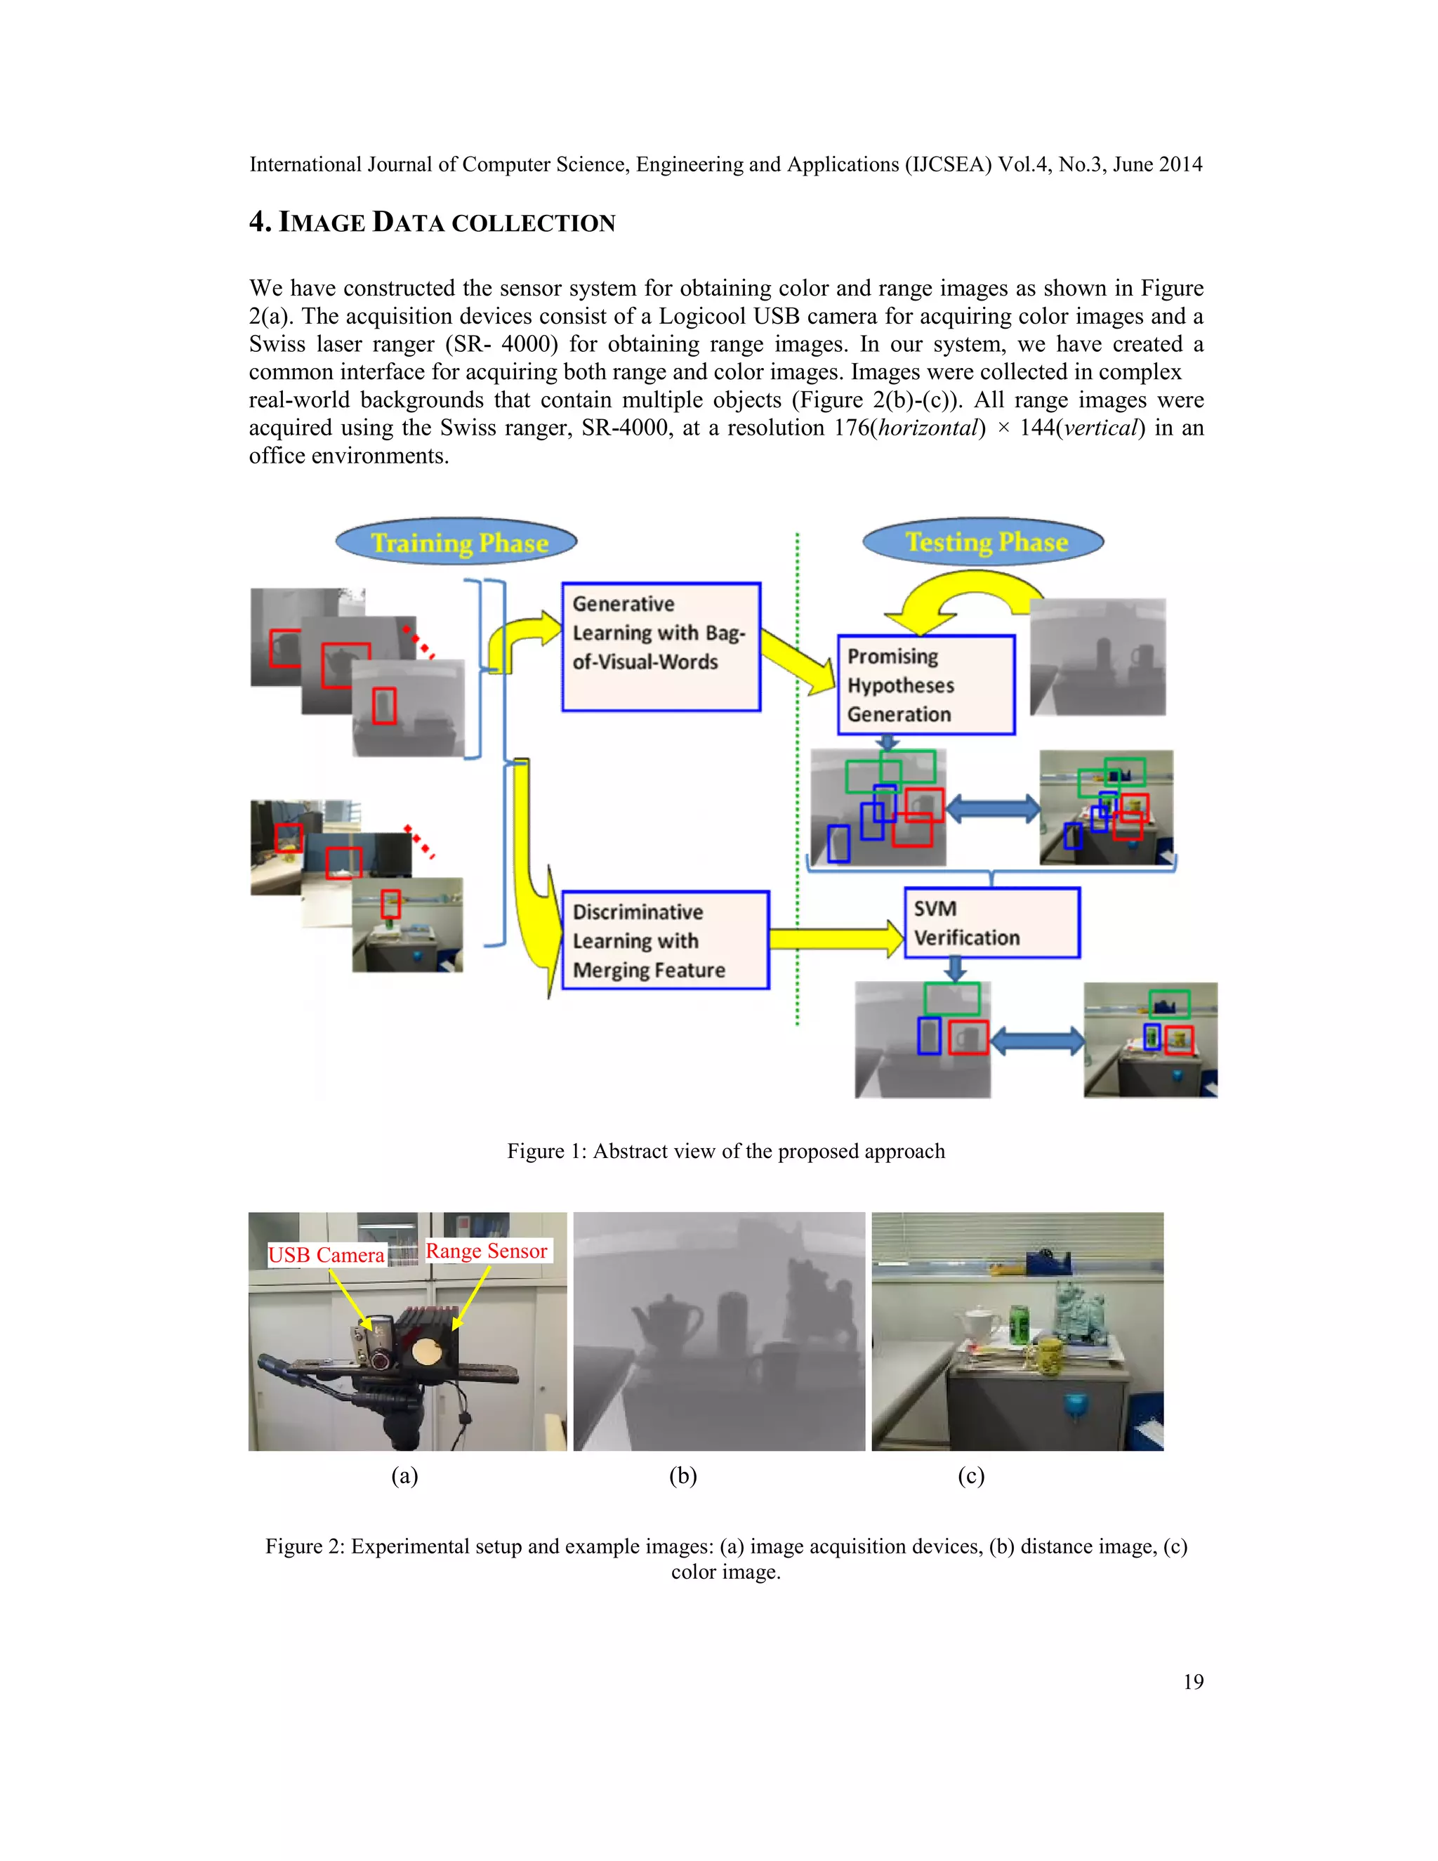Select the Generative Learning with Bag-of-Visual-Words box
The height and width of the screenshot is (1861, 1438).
coord(660,646)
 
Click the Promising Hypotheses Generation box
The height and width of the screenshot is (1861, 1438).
coord(926,684)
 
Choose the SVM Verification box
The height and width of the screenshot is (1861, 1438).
coord(991,923)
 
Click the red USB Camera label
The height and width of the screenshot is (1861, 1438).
coord(326,1255)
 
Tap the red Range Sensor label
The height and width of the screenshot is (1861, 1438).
coord(487,1251)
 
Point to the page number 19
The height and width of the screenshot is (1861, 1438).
coord(1193,1681)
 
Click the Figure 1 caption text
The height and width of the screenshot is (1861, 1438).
coord(726,1151)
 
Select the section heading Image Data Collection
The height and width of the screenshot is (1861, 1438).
coord(432,223)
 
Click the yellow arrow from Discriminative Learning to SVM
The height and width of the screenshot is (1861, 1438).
coord(835,938)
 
